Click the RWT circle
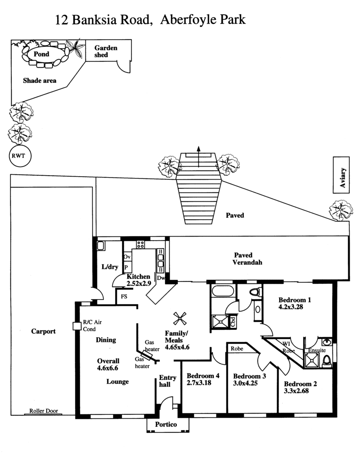pyautogui.click(x=20, y=156)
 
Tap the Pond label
pyautogui.click(x=41, y=54)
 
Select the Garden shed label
pyautogui.click(x=106, y=51)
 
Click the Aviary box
pyautogui.click(x=341, y=175)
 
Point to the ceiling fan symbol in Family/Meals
pyautogui.click(x=180, y=318)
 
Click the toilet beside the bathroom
pyautogui.click(x=256, y=291)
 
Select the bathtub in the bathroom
pyautogui.click(x=223, y=291)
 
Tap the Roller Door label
pyautogui.click(x=44, y=411)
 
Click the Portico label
pyautogui.click(x=166, y=424)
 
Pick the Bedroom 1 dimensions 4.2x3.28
pyautogui.click(x=291, y=307)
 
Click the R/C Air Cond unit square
pyautogui.click(x=77, y=326)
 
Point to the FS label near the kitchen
pyautogui.click(x=124, y=296)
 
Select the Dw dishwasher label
pyautogui.click(x=161, y=278)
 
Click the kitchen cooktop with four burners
pyautogui.click(x=140, y=245)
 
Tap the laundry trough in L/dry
pyautogui.click(x=101, y=246)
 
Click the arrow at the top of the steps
pyautogui.click(x=198, y=157)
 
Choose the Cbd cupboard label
pyautogui.click(x=233, y=322)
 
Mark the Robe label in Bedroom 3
pyautogui.click(x=237, y=349)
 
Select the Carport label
pyautogui.click(x=44, y=332)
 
